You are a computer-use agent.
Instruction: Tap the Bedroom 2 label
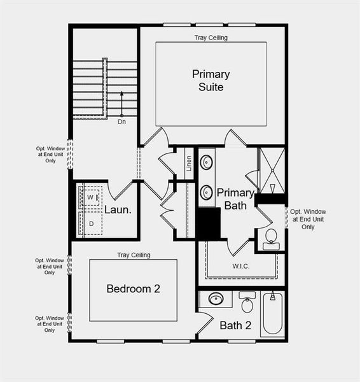coord(133,288)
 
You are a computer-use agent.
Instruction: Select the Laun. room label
coord(118,209)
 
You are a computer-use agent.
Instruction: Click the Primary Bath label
coord(236,199)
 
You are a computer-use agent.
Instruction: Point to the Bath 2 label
coord(235,326)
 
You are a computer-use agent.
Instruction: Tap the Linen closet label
coord(189,164)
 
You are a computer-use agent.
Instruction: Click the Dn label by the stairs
coord(121,122)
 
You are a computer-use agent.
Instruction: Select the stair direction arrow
coord(121,102)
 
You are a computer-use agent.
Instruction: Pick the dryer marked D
coord(90,223)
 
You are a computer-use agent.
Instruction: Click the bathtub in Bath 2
coord(273,313)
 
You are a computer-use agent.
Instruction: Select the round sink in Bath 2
coord(216,299)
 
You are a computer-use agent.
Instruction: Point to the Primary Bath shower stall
coord(272,169)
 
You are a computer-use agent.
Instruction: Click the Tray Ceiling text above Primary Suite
coord(211,38)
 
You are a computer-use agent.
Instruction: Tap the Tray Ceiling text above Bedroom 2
coord(134,255)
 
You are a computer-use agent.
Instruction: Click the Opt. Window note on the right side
coord(308,219)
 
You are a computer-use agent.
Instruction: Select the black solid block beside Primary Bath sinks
coord(208,223)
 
